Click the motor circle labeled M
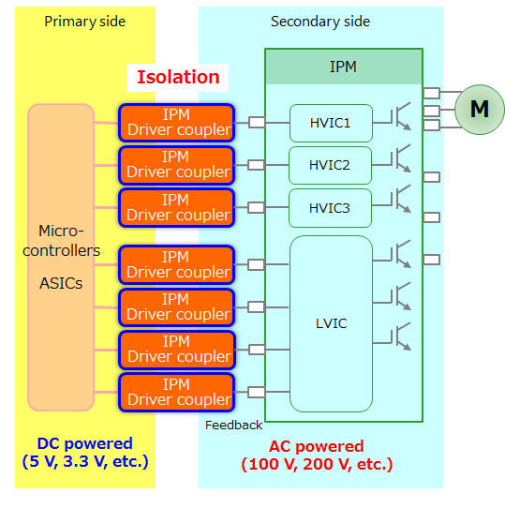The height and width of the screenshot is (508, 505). tap(479, 109)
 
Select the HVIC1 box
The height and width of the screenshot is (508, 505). tap(330, 123)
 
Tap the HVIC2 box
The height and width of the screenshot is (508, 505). tap(330, 165)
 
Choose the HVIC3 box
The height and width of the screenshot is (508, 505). tap(330, 207)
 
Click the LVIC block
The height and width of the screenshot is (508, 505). tap(331, 323)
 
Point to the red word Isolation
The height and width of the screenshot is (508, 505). tap(178, 77)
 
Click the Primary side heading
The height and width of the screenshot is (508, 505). tap(84, 22)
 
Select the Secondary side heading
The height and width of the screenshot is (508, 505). tap(320, 22)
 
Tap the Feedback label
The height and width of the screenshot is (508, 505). tap(233, 425)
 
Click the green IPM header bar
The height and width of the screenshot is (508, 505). tap(343, 67)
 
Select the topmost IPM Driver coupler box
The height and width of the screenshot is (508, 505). tap(176, 122)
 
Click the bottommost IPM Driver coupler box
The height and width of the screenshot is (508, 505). tap(176, 392)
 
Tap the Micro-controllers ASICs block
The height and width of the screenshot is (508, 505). tap(61, 257)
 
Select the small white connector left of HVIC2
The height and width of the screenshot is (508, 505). tap(256, 165)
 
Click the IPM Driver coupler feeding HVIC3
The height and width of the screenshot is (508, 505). tap(176, 207)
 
